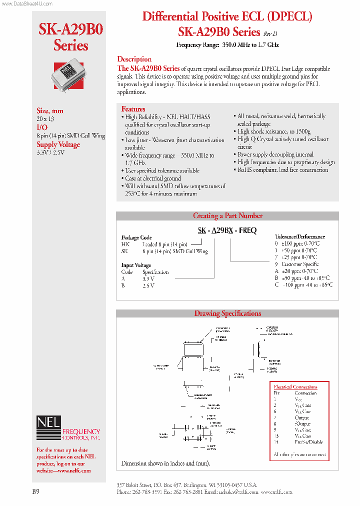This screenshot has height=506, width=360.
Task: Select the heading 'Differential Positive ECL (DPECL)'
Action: (x=227, y=16)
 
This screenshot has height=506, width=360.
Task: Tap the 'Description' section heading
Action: (x=134, y=59)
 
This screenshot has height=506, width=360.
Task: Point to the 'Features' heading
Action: (x=133, y=108)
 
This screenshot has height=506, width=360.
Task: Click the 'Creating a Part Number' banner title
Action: (x=227, y=216)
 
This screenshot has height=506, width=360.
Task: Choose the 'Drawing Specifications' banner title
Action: (x=227, y=313)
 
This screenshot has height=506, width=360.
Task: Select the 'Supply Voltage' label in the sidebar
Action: (x=58, y=144)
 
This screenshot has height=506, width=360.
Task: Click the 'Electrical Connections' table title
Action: (x=295, y=386)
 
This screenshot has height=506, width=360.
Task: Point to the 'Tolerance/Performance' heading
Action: (x=299, y=236)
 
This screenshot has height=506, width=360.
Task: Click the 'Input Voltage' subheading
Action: (x=136, y=265)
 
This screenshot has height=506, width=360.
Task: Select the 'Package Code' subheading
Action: (x=136, y=237)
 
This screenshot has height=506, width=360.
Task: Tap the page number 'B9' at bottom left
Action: (x=36, y=491)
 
